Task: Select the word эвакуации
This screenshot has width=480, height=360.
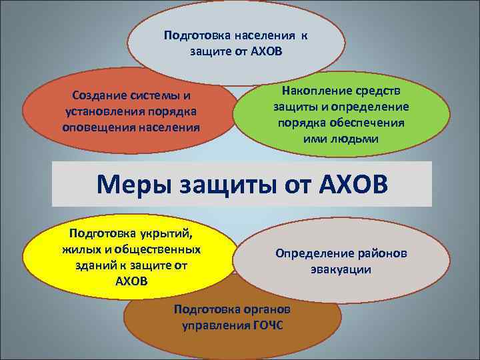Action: pyautogui.click(x=340, y=270)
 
